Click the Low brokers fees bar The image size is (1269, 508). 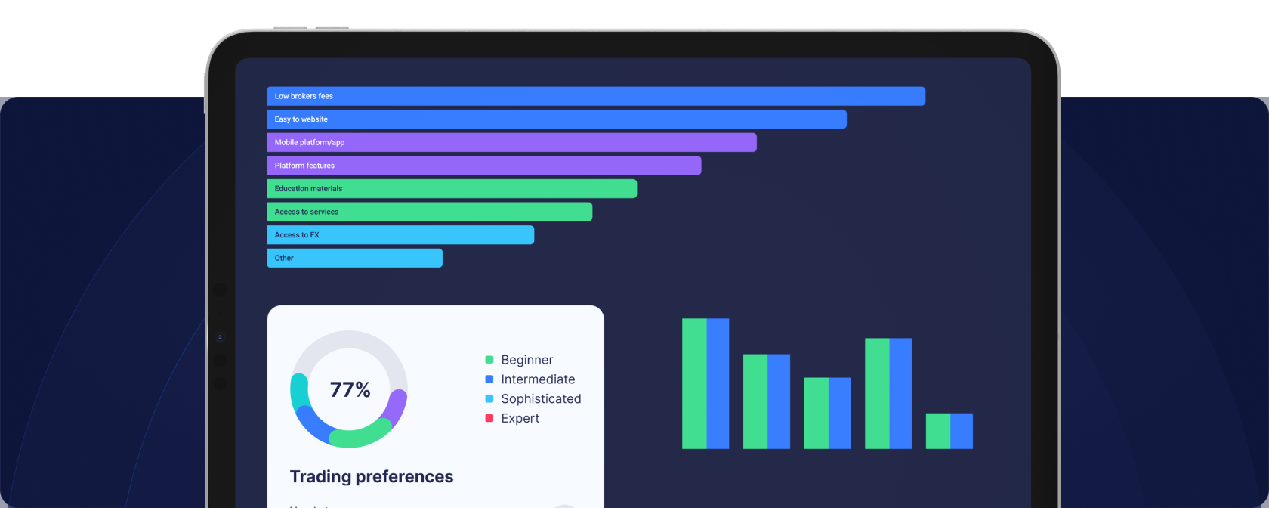click(595, 96)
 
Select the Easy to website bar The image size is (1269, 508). click(556, 119)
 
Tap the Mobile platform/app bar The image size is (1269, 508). click(511, 142)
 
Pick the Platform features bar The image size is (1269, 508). click(483, 166)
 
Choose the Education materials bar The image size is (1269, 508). click(452, 189)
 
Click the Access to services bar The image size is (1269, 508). click(429, 212)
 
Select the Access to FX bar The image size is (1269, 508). click(400, 235)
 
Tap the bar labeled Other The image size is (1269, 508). click(354, 258)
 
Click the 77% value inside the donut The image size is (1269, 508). click(350, 390)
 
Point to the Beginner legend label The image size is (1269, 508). click(526, 360)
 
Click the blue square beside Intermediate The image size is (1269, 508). click(489, 379)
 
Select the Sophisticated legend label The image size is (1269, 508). click(541, 399)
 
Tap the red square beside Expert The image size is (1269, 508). click(489, 418)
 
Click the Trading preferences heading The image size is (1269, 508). click(372, 476)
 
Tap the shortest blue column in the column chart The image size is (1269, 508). click(962, 431)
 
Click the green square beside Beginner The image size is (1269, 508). click(489, 360)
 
